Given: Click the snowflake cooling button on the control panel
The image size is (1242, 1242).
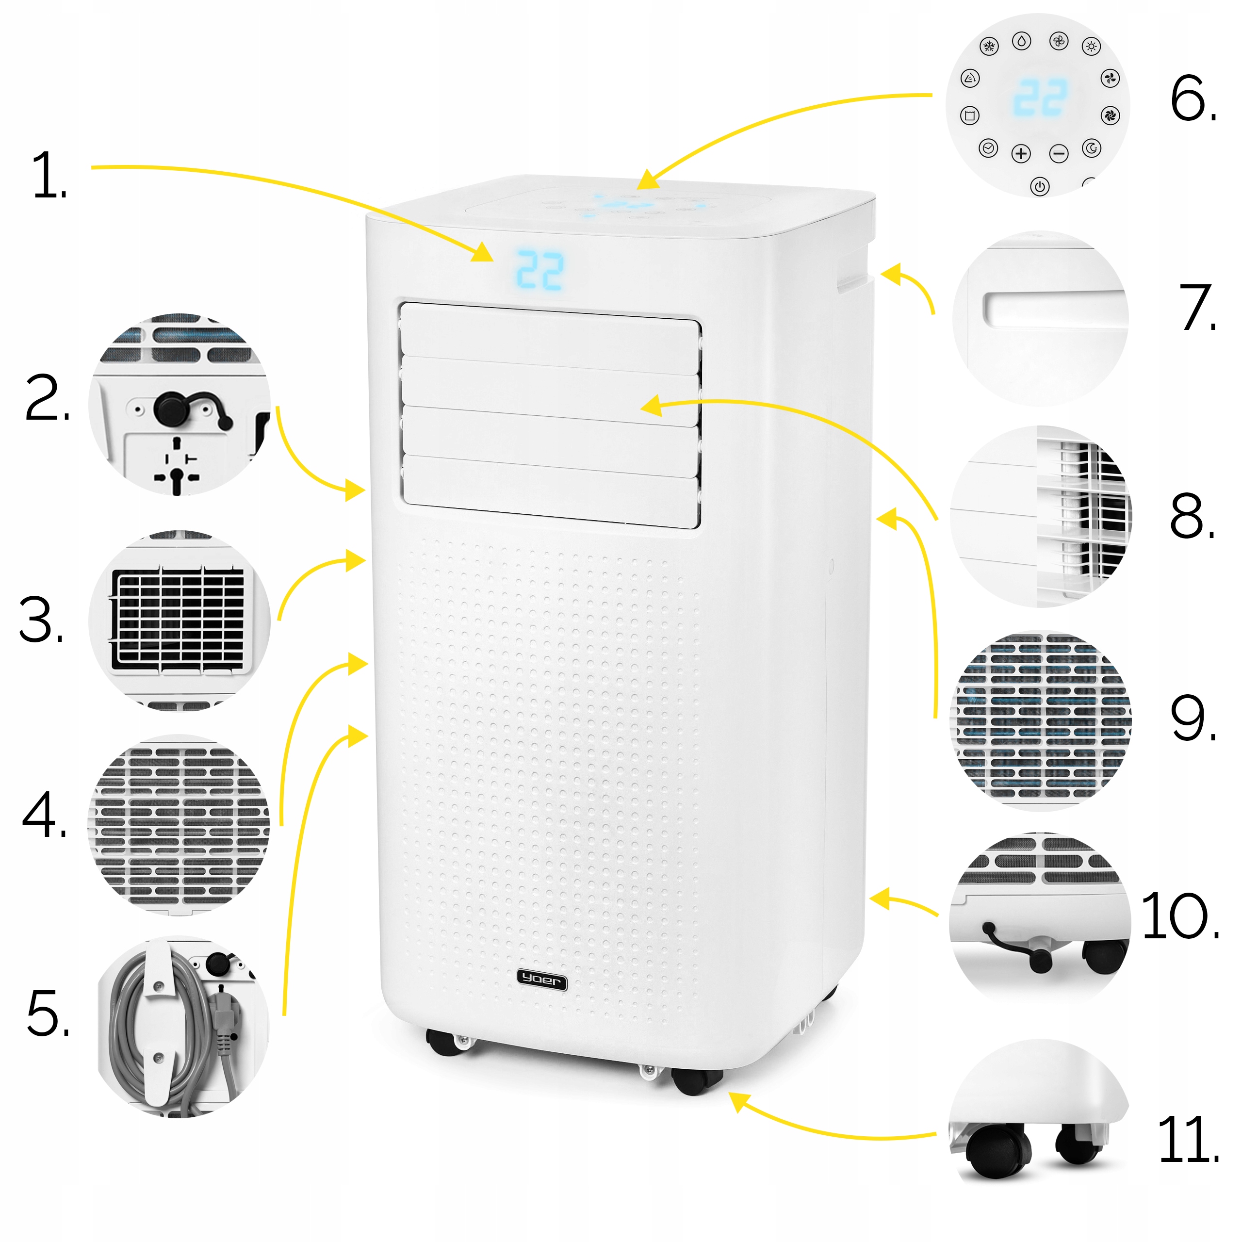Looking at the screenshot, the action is coord(989,46).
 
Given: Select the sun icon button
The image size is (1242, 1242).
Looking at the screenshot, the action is coord(1091,46).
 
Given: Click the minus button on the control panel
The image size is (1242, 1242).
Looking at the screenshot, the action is coord(1059,154).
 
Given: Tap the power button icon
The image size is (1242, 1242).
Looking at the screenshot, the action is coord(1040,186).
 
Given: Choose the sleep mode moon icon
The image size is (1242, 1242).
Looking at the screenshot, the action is coord(1092,148).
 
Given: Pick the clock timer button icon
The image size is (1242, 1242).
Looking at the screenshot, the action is coord(988,148).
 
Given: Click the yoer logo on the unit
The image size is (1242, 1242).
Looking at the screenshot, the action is coord(542,980).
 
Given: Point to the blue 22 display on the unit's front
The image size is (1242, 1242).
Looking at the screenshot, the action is coord(540,270).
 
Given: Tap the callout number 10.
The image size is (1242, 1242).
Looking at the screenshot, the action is coord(1180,916).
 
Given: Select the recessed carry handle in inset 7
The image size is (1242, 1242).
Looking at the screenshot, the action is coord(1055,308).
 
